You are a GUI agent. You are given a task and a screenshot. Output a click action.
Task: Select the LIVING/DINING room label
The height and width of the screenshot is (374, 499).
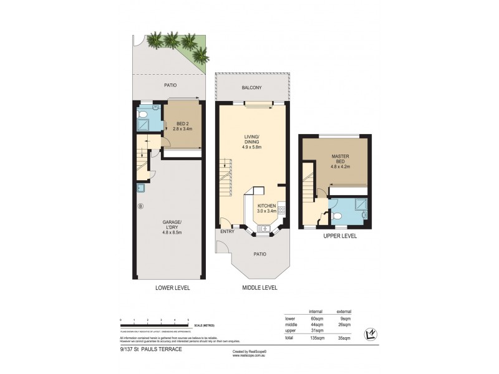click(252, 143)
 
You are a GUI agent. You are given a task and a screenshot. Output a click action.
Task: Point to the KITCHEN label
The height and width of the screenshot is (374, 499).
click(266, 208)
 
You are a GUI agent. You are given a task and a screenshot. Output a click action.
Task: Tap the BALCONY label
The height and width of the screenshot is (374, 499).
click(252, 89)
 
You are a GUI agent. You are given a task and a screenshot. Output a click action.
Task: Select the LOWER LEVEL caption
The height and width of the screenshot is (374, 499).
click(172, 288)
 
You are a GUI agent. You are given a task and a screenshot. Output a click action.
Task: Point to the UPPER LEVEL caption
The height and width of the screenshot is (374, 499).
click(341, 237)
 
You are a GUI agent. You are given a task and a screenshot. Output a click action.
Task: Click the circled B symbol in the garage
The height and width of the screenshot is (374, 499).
click(140, 205)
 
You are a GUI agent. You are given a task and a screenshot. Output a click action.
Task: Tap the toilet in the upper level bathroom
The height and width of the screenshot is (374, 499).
click(337, 216)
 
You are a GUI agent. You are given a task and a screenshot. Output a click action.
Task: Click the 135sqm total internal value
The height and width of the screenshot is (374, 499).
click(317, 337)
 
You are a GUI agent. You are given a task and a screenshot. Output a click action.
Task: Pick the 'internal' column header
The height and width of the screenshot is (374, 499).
click(316, 311)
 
